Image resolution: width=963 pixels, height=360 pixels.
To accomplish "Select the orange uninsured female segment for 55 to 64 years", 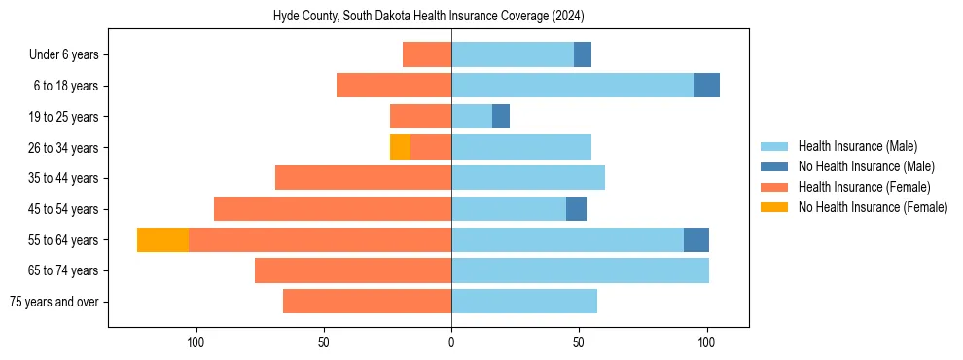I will coord(162,239).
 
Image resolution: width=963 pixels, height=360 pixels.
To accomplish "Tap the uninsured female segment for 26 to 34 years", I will coord(400,147).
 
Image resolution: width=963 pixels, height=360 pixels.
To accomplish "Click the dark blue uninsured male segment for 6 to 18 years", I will coord(706,86).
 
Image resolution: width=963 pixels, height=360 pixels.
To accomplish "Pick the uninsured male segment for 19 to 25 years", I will coord(501,117).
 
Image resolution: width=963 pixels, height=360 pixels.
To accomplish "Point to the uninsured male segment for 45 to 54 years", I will coord(576,209).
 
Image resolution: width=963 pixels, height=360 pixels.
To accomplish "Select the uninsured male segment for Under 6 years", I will coord(583,54).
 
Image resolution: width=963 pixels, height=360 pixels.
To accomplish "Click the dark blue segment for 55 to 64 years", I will coord(696,239).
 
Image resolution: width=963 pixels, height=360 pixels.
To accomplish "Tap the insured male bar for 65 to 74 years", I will coord(580,270).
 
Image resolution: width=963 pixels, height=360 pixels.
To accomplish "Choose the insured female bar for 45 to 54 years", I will coord(333,209).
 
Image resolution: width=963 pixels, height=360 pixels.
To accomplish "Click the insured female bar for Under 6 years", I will coord(427,54).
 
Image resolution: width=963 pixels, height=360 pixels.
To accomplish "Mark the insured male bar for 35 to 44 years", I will coord(528,178).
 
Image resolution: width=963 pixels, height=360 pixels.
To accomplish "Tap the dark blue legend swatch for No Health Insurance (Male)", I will coord(774,166).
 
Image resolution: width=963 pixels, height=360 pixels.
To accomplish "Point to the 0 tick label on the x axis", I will coord(451,342).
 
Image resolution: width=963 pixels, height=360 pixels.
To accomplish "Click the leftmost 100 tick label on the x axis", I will coord(196,342).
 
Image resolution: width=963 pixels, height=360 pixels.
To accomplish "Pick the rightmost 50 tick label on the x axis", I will coord(579,342).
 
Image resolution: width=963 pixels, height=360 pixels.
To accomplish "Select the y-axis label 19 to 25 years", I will coord(64,117).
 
